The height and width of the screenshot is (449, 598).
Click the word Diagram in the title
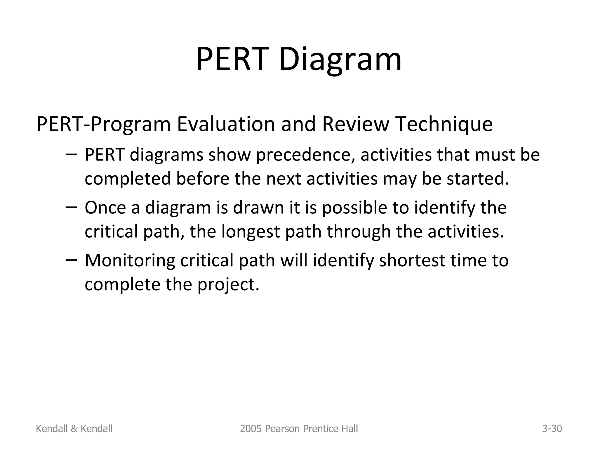340,60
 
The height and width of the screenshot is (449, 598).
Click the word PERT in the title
232,60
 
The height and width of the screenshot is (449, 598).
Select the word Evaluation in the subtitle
226,124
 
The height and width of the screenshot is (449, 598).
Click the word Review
355,124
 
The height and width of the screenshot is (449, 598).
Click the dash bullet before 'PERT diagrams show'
71,154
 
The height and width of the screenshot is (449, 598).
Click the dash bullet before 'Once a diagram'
71,207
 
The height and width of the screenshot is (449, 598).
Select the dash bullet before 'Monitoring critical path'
71,260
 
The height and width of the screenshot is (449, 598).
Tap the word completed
128,179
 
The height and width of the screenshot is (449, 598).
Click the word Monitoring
130,260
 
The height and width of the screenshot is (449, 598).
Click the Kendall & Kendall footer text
74,429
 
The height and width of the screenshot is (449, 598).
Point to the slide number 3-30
552,429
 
